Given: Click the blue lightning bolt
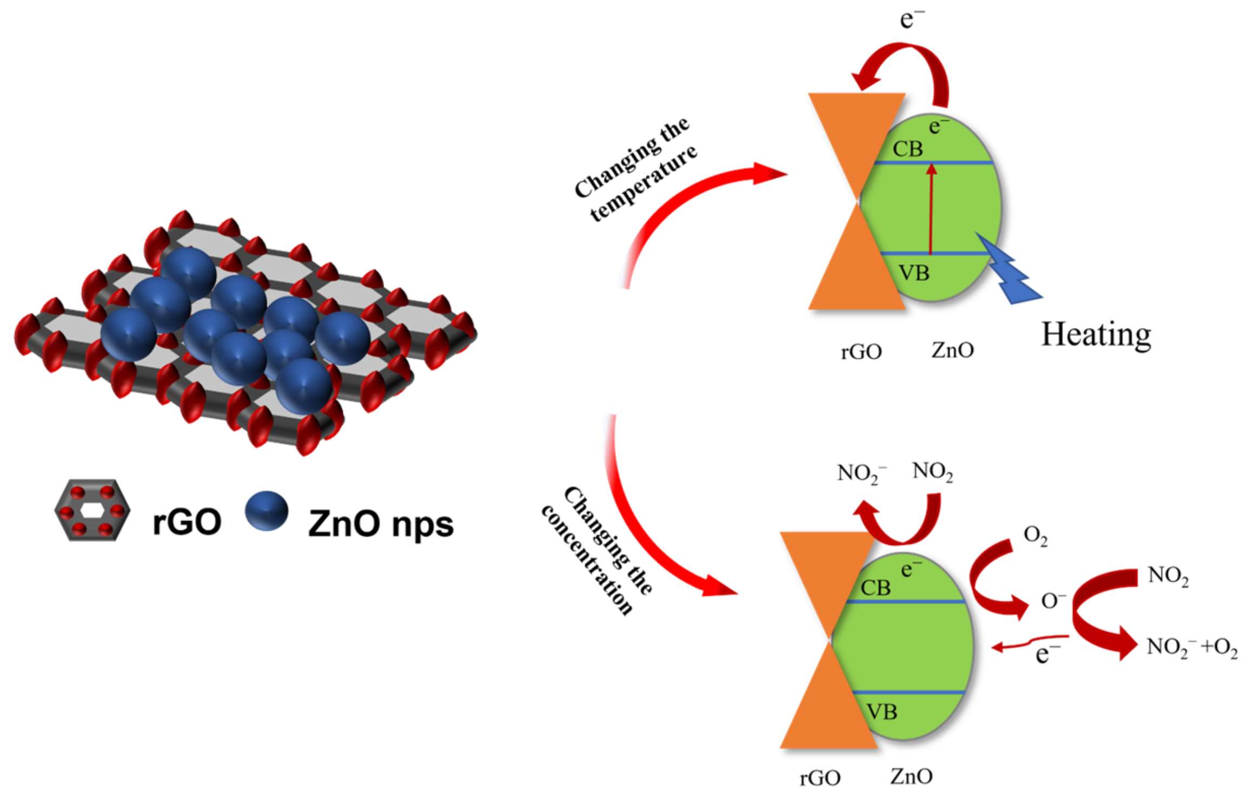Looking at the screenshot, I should pos(1009,273).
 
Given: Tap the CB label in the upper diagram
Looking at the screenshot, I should pos(907,149).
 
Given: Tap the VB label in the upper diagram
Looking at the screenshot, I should pos(914,273).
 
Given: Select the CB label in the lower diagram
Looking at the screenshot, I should pos(875,588).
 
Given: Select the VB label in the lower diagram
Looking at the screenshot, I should pos(881,712).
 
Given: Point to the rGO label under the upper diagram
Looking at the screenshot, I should pos(861,352).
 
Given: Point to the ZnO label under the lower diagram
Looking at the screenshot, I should pos(911,776).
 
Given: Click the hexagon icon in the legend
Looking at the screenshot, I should pos(92,510).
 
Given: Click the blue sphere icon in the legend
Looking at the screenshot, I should pos(267,510).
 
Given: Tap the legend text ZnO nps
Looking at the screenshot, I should pos(381,524).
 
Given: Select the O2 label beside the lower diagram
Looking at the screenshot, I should pos(1035,536).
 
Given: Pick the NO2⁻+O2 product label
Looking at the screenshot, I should pos(1192,647).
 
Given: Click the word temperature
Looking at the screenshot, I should pos(643,184).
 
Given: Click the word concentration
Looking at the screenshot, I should pos(587,560).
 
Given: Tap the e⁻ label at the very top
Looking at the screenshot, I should pos(912,19).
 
